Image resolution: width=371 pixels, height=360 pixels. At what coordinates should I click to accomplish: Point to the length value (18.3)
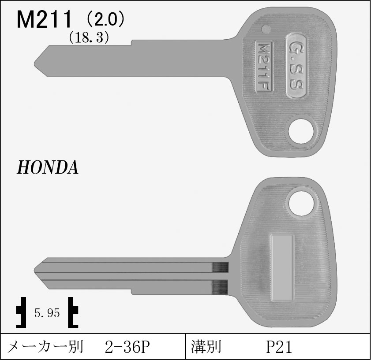coord(89,37)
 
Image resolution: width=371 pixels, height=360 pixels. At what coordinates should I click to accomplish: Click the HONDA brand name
coord(47,167)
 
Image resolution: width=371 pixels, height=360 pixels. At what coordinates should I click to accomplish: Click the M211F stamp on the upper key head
coord(264,66)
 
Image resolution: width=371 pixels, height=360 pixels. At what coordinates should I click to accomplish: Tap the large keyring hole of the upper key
coord(300,131)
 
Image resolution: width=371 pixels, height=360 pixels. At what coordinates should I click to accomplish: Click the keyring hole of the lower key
coord(301,203)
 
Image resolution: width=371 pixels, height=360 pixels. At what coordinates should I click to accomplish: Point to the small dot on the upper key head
coord(266,29)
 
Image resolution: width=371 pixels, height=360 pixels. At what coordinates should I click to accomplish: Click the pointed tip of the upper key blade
coord(34,64)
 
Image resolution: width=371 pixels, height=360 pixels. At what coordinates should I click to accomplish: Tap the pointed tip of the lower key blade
coord(34,270)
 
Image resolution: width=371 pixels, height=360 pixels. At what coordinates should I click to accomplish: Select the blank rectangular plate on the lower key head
coord(283,268)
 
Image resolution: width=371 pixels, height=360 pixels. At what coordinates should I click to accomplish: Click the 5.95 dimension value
coord(47,313)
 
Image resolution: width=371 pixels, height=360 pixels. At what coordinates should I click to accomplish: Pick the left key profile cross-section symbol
coord(21,312)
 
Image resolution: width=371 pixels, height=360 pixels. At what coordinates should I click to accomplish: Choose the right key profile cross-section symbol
coord(73,312)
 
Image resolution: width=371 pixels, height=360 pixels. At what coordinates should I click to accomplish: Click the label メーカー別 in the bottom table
coord(45,347)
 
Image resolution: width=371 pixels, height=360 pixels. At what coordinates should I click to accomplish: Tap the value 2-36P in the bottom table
coord(127,347)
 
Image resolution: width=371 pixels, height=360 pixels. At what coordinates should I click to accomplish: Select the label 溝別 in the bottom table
coord(206,347)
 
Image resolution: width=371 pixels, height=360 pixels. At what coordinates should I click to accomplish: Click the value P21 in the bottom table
coord(279,347)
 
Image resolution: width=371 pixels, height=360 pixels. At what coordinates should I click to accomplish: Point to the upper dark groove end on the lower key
coord(220,267)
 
